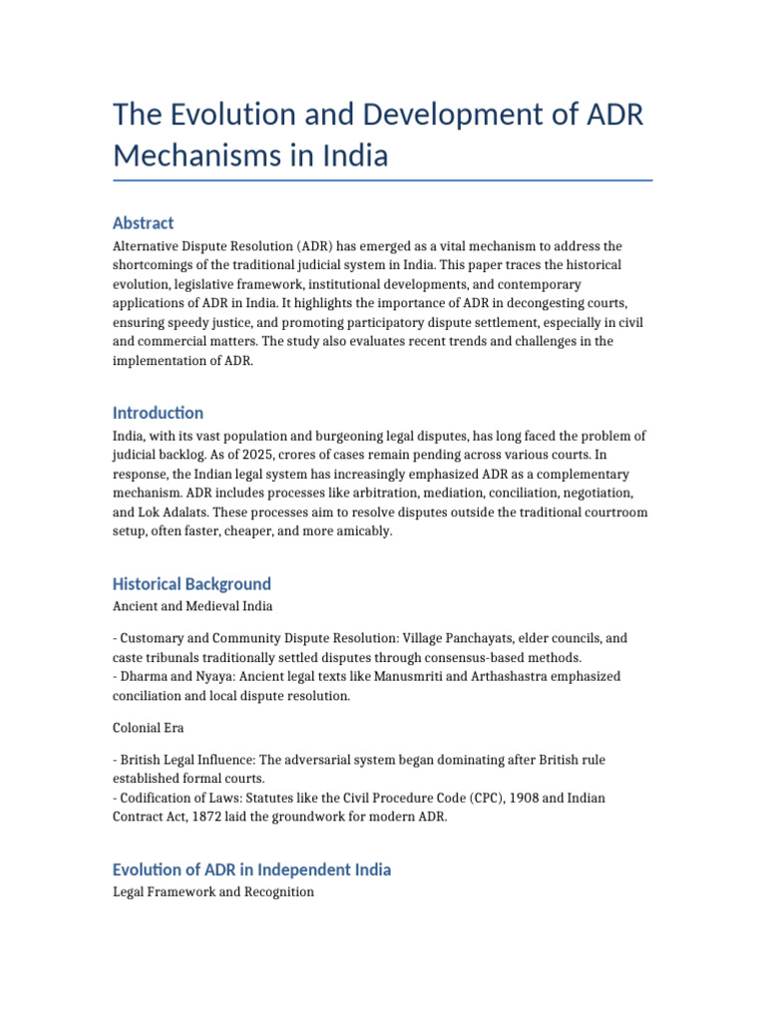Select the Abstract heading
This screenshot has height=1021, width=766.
point(143,222)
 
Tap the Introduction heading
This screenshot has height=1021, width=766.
point(158,412)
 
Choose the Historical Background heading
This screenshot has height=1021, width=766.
point(191,583)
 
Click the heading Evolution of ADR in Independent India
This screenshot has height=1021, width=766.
point(251,869)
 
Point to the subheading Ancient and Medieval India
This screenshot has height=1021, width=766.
point(191,605)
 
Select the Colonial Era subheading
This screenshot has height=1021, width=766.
point(148,728)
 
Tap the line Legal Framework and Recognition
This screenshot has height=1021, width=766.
point(212,891)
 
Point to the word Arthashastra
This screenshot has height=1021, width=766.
point(459,676)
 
